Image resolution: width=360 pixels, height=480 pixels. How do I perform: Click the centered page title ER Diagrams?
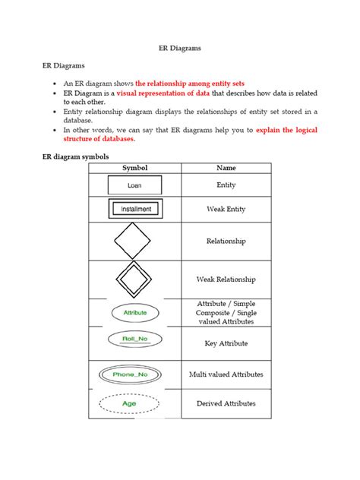[179, 47]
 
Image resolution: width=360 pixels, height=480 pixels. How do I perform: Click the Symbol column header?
[134, 168]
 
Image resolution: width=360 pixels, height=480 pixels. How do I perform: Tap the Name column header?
[226, 168]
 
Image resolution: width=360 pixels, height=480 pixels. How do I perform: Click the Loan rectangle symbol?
[134, 185]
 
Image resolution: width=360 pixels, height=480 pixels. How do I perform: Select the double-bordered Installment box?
[134, 209]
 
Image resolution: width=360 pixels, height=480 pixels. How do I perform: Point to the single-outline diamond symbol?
[134, 241]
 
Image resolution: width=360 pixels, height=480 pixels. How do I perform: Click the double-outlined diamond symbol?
[134, 279]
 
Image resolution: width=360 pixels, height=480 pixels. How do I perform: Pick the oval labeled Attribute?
[134, 312]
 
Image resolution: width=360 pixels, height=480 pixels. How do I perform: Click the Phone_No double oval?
[134, 374]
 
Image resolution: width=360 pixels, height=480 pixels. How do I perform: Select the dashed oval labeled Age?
[134, 404]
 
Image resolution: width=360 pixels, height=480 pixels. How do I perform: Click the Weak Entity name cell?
[226, 209]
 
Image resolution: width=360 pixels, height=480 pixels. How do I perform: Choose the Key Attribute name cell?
[226, 343]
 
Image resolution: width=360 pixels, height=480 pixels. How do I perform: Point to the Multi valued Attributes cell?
[226, 374]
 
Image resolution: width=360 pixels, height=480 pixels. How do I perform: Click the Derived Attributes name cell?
[226, 403]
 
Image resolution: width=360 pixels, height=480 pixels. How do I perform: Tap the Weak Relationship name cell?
[226, 279]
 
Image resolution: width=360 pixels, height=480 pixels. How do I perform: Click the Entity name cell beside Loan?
[226, 185]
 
